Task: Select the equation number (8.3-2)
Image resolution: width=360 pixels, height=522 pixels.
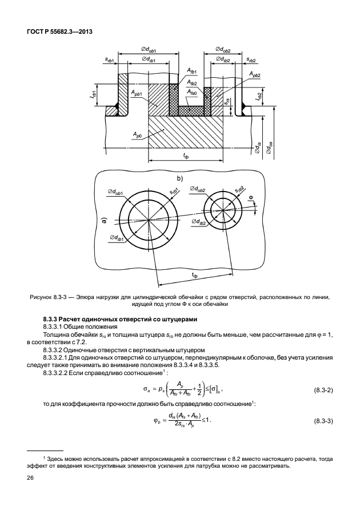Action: point(326,390)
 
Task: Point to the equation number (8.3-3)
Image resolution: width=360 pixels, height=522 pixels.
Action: point(326,421)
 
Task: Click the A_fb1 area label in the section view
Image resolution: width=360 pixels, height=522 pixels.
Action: point(191,71)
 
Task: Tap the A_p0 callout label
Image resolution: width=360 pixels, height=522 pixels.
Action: point(138,135)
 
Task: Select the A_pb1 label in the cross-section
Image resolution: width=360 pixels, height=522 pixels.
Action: point(137,92)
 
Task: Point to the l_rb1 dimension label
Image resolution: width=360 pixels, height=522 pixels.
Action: point(94,91)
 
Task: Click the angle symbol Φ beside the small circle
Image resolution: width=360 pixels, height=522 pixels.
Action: point(250,198)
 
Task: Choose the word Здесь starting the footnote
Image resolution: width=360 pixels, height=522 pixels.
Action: point(58,459)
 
